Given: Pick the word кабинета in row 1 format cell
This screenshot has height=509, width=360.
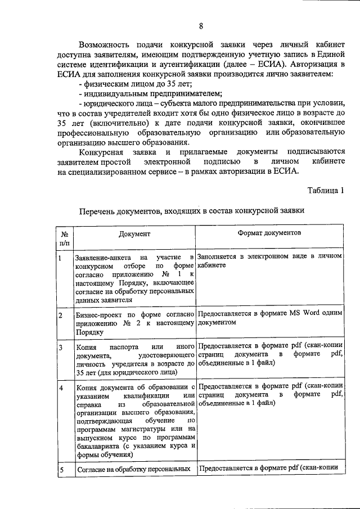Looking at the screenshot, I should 211,266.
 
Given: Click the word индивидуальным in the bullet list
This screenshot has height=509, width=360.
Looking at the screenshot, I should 111,93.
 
